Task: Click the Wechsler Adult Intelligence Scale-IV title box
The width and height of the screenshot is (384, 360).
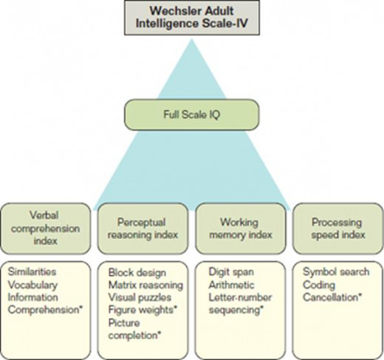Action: coord(192,18)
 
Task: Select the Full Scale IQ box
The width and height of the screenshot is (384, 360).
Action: coord(191,115)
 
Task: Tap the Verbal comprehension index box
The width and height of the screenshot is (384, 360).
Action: coord(46,228)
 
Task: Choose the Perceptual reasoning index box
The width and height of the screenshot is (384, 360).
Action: coord(143,228)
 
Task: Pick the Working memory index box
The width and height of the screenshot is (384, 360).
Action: coord(241,228)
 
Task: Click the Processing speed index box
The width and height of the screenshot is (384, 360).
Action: coord(338,228)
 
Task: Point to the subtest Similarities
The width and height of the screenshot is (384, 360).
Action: coord(32,272)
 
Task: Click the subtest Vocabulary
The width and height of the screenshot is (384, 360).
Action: coord(32,285)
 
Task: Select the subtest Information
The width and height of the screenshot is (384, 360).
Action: coord(32,297)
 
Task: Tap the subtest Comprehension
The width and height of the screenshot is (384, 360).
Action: coord(44,310)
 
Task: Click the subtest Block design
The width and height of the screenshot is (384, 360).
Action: coord(137,273)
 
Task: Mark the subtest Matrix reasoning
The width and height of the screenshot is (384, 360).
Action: coord(145,285)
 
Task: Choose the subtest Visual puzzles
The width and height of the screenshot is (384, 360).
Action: coord(140,297)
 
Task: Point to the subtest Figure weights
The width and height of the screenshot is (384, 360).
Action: coord(143,310)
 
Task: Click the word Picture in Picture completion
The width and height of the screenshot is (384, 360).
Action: coord(124,323)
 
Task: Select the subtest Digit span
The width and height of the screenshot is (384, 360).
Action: coord(231,272)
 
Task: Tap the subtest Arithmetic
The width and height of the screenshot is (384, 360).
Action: coord(231,285)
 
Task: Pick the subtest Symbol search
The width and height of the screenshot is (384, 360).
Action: coord(336,272)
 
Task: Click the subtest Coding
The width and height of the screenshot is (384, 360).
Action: coord(319,285)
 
